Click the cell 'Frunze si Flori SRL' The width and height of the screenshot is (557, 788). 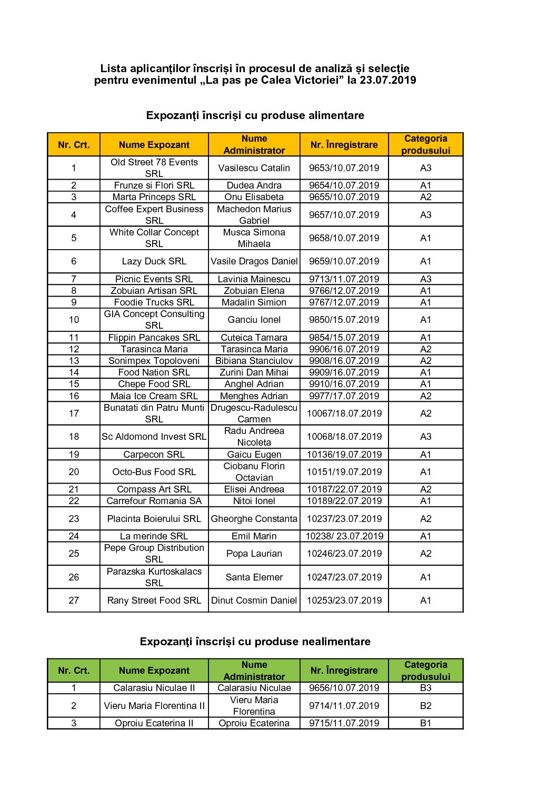(x=154, y=185)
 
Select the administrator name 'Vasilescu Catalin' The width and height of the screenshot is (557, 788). (x=254, y=168)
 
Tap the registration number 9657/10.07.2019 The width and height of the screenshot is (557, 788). (x=344, y=215)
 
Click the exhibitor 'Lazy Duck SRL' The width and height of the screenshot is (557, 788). (x=154, y=261)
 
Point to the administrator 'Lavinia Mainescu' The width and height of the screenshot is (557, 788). (x=254, y=279)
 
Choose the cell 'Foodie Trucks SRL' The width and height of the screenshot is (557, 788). (x=154, y=302)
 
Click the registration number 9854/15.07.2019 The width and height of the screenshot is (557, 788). (x=344, y=338)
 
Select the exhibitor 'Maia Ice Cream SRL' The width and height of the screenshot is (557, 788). (x=154, y=396)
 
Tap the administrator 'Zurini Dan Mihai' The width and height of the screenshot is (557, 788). (x=254, y=372)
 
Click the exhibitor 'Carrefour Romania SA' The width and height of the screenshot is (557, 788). (x=154, y=501)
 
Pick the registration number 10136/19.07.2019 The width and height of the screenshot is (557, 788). (x=344, y=455)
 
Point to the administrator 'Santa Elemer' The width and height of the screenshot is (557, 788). (x=254, y=577)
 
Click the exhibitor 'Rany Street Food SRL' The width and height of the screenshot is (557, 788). (x=154, y=600)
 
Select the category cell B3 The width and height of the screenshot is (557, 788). (x=425, y=688)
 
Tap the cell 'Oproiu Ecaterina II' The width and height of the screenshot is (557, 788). (x=154, y=723)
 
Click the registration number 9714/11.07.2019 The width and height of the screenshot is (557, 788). (x=344, y=706)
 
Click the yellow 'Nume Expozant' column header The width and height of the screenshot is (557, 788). (x=154, y=145)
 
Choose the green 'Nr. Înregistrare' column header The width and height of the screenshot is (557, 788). (x=344, y=671)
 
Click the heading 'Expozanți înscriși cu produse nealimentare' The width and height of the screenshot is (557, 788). (x=255, y=642)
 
